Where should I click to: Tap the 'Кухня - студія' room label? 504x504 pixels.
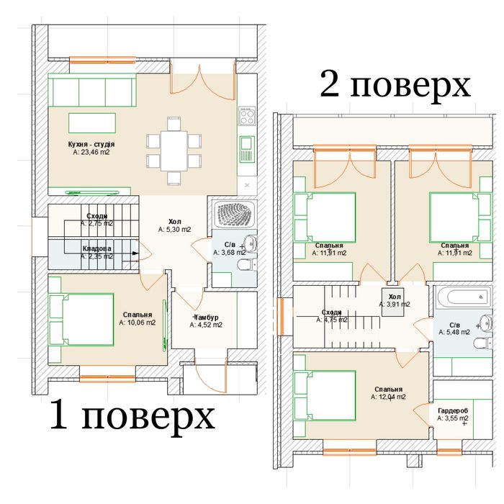pyautogui.click(x=91, y=144)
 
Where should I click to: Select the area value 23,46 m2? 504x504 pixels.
pyautogui.click(x=91, y=153)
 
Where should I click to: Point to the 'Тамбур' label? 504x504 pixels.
pyautogui.click(x=206, y=317)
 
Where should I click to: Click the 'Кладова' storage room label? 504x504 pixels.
pyautogui.click(x=96, y=248)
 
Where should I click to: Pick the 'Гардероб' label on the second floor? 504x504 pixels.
pyautogui.click(x=453, y=410)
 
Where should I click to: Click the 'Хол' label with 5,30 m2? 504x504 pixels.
pyautogui.click(x=175, y=222)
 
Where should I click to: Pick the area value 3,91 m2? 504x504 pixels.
pyautogui.click(x=395, y=304)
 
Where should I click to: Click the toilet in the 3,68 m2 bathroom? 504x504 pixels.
pyautogui.click(x=246, y=266)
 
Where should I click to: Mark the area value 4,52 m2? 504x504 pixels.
pyautogui.click(x=206, y=325)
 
